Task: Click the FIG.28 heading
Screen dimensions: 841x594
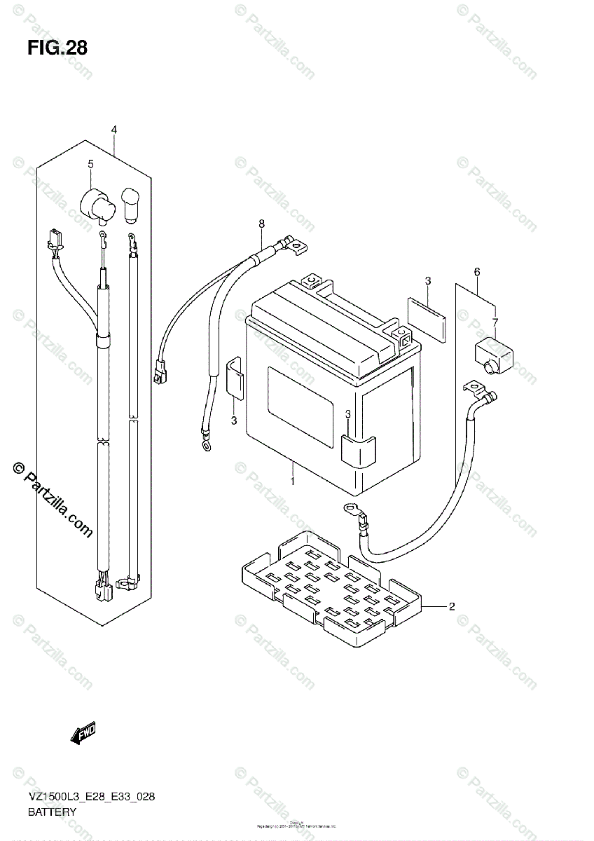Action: point(57,48)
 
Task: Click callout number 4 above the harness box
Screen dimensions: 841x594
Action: point(113,130)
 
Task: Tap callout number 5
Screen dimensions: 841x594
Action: point(90,164)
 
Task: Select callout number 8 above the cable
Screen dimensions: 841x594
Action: point(261,224)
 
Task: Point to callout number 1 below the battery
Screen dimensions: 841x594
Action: point(292,481)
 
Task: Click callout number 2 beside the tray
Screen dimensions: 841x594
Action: point(452,606)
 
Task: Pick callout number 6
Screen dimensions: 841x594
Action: point(477,271)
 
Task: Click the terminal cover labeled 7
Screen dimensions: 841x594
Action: point(495,351)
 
